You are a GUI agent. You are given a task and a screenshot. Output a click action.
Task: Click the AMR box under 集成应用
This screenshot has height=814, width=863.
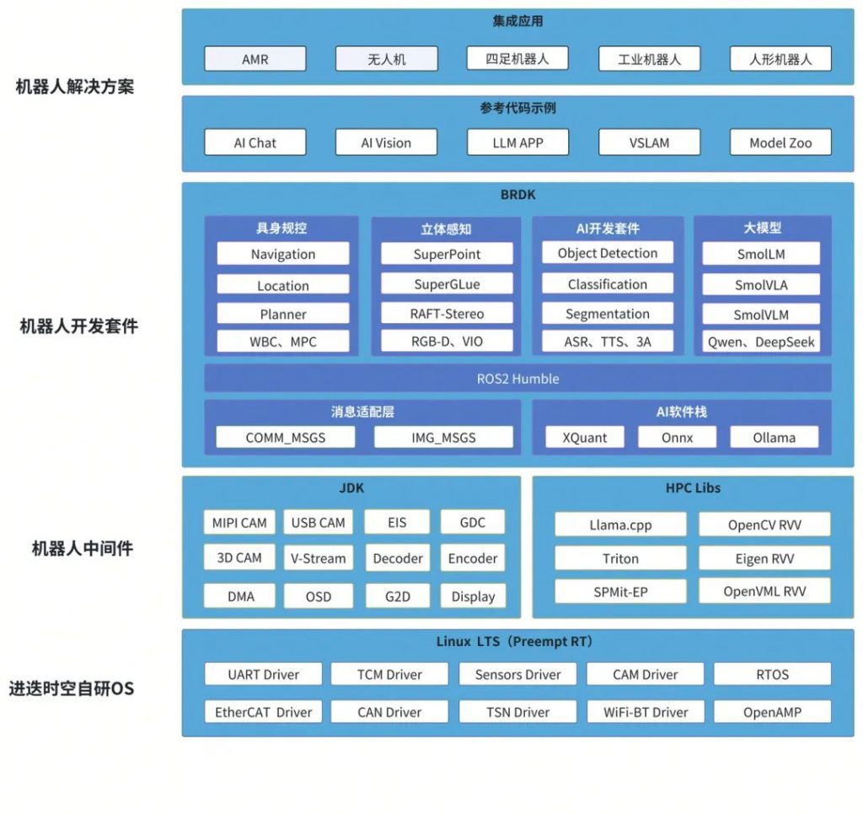255,59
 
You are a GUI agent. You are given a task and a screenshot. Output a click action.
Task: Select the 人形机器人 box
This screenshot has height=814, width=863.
780,59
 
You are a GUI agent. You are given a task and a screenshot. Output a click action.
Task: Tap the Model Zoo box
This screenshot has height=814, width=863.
780,143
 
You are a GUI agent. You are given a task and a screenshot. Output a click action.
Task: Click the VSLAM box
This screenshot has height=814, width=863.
650,143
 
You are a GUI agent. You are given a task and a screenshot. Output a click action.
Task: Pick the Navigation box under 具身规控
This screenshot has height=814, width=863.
283,254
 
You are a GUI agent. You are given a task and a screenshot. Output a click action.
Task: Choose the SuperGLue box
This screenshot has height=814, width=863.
447,283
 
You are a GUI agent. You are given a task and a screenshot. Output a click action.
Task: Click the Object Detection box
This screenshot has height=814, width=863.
608,253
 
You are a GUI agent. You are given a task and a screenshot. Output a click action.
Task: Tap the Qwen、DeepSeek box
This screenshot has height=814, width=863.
761,342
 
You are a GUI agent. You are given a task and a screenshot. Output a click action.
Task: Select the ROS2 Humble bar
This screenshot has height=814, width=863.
518,379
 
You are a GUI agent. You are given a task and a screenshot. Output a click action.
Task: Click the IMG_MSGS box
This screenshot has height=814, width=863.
443,437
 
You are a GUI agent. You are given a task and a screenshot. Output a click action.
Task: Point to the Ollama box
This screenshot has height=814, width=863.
775,437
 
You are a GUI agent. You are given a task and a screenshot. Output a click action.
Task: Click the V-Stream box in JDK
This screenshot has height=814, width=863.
318,558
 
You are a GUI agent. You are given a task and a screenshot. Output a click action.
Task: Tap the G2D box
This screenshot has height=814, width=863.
398,596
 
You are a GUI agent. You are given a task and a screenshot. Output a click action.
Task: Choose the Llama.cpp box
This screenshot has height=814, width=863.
621,525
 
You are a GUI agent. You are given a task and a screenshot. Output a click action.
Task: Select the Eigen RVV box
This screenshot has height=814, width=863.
764,558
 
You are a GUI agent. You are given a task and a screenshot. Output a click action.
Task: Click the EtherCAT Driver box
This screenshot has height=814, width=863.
264,712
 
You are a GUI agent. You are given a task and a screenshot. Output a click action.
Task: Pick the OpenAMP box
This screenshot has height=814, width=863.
772,712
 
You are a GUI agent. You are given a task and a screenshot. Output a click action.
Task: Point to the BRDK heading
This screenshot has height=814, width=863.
518,194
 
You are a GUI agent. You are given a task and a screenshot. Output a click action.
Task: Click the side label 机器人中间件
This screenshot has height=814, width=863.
83,548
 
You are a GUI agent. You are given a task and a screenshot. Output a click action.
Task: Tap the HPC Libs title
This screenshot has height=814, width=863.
693,488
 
